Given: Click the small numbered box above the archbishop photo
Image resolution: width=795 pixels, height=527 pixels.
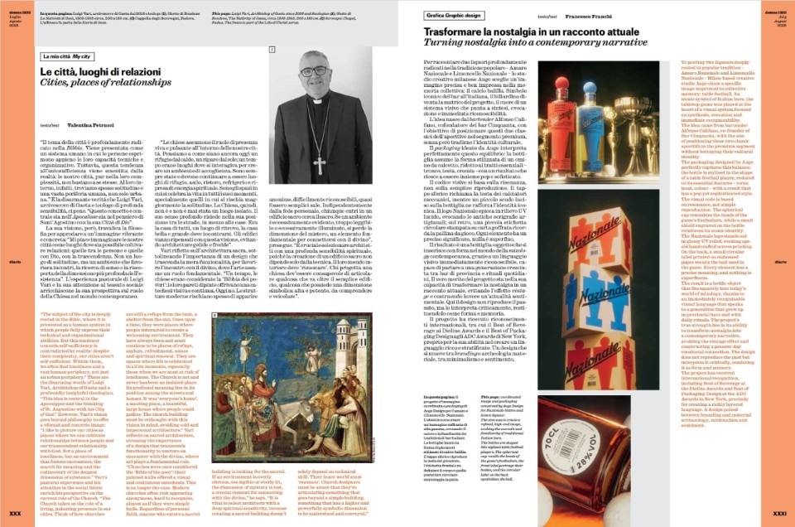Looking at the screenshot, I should [271, 51].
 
